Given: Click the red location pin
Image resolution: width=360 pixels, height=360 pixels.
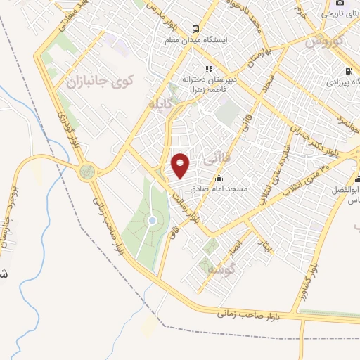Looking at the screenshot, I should (x=181, y=165).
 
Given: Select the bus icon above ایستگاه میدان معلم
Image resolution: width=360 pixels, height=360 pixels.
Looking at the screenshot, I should (x=195, y=30).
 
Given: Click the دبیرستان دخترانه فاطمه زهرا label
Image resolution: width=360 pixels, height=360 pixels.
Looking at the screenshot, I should (x=209, y=84).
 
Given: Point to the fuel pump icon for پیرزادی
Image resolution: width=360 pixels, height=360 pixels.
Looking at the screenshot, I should (x=349, y=71).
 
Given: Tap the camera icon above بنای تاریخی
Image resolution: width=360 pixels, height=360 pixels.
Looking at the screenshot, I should (x=340, y=2).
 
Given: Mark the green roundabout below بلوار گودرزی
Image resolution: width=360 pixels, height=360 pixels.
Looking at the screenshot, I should (x=87, y=171).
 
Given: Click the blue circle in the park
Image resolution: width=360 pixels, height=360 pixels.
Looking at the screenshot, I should (x=152, y=221).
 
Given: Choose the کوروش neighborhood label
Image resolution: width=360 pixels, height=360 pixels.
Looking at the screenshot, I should (x=325, y=40).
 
